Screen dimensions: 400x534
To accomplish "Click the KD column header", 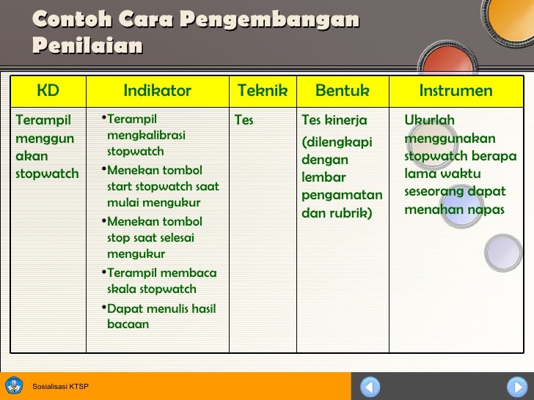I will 48,91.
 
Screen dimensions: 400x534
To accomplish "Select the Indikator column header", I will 157,91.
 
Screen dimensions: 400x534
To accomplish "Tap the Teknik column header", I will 262,91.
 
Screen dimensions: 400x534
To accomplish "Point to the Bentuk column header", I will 342,91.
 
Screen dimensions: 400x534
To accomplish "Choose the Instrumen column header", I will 456,91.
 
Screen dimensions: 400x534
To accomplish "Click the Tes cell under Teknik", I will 244,120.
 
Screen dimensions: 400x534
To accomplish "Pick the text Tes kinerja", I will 334,120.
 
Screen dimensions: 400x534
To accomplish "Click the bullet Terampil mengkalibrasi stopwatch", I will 145,136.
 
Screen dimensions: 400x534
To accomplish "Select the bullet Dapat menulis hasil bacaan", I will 161,316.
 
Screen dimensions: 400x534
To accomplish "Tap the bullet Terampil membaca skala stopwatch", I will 161,281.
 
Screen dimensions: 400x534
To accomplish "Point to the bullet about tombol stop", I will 154,237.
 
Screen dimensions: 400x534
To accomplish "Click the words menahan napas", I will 454,210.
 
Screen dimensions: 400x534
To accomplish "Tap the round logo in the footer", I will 14,385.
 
